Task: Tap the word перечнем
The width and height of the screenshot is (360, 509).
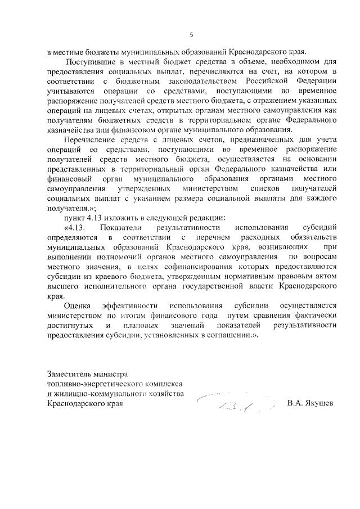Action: pyautogui.click(x=220, y=237)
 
